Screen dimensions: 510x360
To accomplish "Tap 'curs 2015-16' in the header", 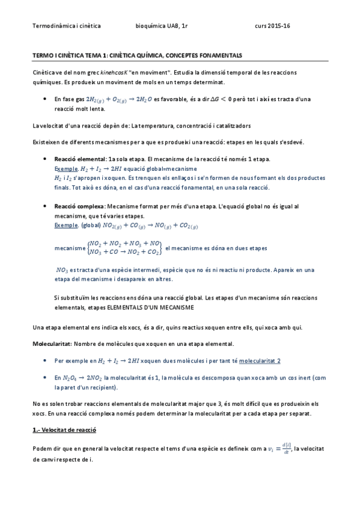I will [272, 26].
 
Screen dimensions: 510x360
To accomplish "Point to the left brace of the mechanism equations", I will [87, 248].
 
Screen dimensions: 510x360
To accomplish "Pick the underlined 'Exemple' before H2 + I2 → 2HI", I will [66, 169].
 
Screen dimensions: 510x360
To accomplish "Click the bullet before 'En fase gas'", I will [47, 99].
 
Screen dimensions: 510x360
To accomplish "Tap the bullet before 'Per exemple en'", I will [47, 360].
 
